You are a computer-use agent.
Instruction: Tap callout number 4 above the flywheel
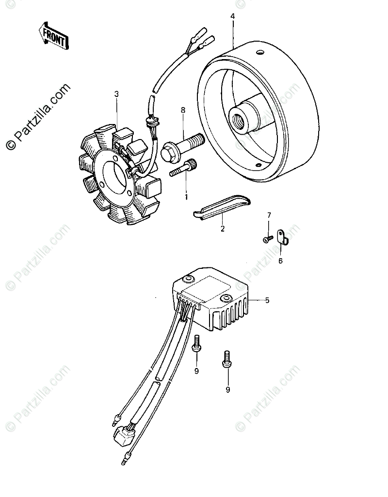point(232,16)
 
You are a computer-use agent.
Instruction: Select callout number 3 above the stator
point(116,94)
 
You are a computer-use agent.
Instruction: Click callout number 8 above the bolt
point(183,110)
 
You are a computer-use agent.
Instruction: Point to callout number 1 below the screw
point(185,197)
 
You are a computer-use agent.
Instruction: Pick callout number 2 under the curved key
point(223,229)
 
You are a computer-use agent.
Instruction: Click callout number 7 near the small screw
point(269,215)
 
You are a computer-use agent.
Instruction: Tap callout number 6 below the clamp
point(280,261)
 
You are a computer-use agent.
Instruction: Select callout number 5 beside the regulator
point(267,301)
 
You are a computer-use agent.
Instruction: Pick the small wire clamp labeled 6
point(283,237)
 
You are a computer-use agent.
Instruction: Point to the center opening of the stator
point(113,177)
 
